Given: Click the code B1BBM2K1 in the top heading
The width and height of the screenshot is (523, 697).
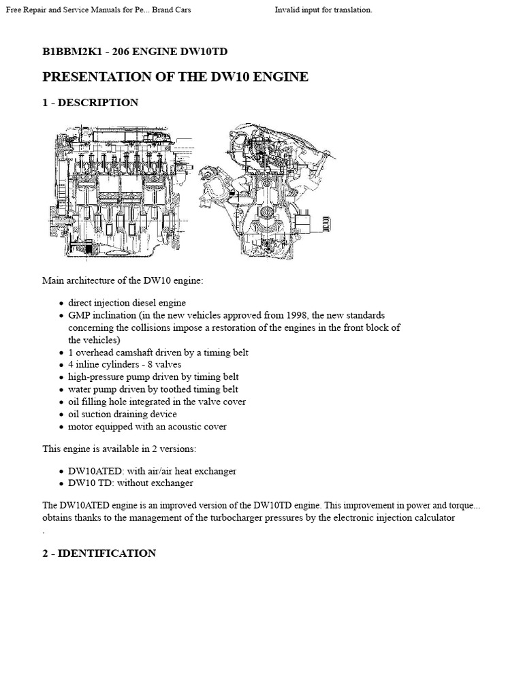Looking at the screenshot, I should tap(70, 50).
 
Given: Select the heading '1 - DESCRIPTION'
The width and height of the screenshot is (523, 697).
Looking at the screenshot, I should tap(91, 103).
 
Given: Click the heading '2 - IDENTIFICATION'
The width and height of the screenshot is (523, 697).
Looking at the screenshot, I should tap(99, 553).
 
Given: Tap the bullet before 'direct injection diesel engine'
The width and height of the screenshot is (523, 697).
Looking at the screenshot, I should tap(61, 303).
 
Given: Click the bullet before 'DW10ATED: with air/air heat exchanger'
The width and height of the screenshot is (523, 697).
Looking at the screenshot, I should tap(61, 471).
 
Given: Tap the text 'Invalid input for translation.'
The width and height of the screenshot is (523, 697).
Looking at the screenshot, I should tap(323, 10).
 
